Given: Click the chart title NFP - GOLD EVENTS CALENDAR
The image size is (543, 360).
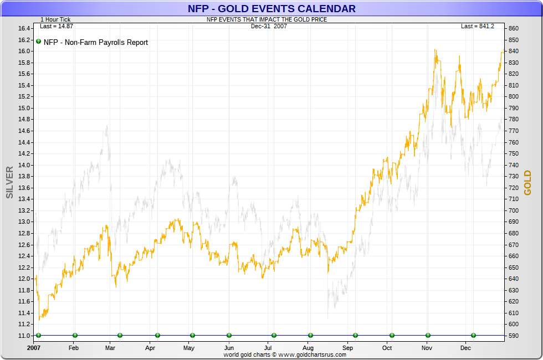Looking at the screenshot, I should [271, 9].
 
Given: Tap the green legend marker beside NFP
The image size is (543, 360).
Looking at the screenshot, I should [38, 42].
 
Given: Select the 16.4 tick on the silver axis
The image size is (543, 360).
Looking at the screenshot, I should [23, 28].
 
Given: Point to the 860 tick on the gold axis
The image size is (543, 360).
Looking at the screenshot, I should [513, 28].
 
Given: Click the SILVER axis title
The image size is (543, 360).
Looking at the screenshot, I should [9, 182].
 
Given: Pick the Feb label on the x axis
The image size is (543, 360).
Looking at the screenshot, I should [74, 348].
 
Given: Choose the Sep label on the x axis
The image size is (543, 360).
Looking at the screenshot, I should [347, 348].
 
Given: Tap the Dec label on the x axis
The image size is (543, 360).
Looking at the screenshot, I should [465, 348].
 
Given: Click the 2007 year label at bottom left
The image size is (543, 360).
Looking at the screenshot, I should [34, 348].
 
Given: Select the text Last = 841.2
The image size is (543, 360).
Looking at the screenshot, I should [477, 26].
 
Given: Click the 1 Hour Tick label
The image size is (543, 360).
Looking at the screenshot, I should [55, 19].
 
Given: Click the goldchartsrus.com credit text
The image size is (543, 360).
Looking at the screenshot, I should [285, 354].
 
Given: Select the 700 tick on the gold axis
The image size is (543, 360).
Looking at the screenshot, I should [513, 210].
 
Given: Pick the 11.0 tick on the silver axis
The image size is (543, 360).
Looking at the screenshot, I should [23, 336].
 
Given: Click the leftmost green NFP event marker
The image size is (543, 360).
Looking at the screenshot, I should [38, 335].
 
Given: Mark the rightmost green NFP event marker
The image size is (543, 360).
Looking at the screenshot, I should [473, 335].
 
